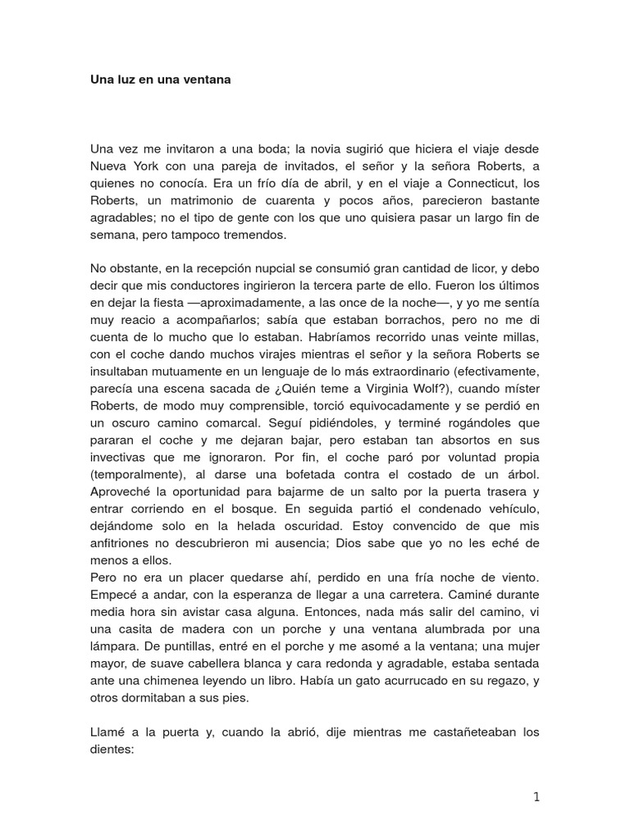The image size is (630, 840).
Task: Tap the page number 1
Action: (536, 797)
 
